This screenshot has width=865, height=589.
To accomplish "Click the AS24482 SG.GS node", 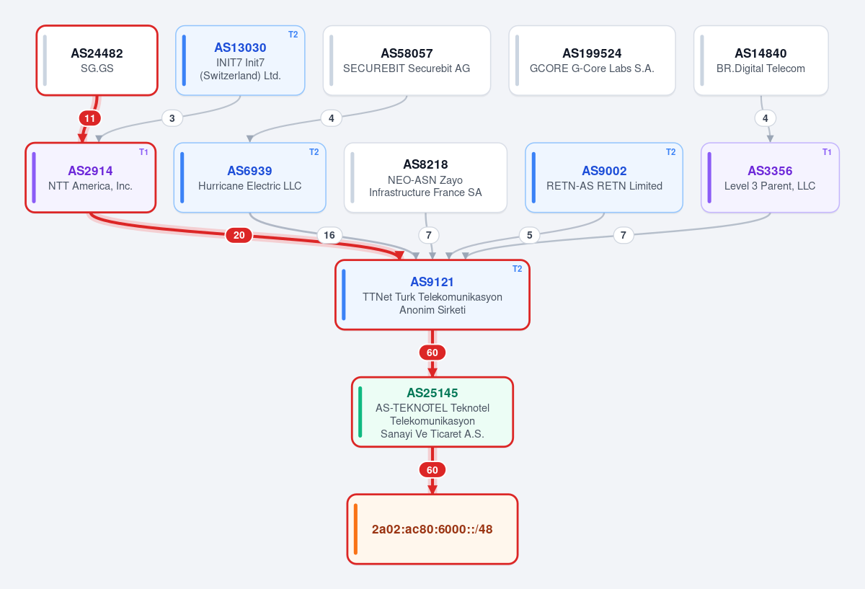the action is pyautogui.click(x=97, y=61).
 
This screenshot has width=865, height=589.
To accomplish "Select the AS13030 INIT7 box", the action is pyautogui.click(x=240, y=61).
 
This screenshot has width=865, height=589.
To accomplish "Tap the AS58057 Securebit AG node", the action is pyautogui.click(x=407, y=61).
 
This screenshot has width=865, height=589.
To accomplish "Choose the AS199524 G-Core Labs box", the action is pyautogui.click(x=592, y=61).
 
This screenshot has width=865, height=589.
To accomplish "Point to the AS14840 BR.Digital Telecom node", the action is pyautogui.click(x=760, y=61).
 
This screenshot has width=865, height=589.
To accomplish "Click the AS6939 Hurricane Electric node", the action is pyautogui.click(x=250, y=177).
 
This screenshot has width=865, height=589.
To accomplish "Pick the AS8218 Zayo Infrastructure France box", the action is pyautogui.click(x=425, y=177).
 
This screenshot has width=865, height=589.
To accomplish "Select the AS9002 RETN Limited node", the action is pyautogui.click(x=604, y=177).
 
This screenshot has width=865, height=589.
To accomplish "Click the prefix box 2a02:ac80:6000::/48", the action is pyautogui.click(x=432, y=529).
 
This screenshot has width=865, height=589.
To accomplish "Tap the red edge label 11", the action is pyautogui.click(x=90, y=118).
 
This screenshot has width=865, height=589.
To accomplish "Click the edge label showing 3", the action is pyautogui.click(x=172, y=118).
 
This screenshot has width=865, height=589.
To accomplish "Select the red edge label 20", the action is pyautogui.click(x=239, y=235).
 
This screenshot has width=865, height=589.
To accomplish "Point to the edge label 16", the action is pyautogui.click(x=329, y=235).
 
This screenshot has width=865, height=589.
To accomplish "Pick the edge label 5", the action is pyautogui.click(x=529, y=235).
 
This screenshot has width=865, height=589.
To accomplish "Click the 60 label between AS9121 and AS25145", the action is pyautogui.click(x=432, y=353).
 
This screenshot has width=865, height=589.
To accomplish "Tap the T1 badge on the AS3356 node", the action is pyautogui.click(x=827, y=152).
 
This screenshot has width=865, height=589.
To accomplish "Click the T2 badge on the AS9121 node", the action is pyautogui.click(x=517, y=269).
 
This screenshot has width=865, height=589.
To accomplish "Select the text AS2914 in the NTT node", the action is pyautogui.click(x=90, y=171).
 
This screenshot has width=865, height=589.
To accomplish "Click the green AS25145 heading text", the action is pyautogui.click(x=432, y=393).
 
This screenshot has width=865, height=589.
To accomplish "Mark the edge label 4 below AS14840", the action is pyautogui.click(x=766, y=118).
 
